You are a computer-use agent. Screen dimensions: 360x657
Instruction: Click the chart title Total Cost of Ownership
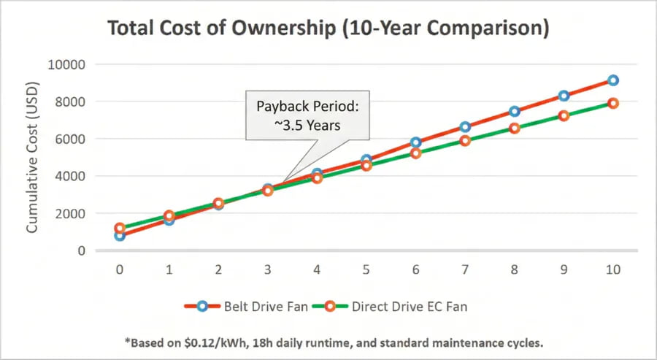(x=328, y=28)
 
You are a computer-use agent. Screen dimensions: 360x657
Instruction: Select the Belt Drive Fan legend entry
(x=251, y=307)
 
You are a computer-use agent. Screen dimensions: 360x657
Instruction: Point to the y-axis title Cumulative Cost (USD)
(x=32, y=157)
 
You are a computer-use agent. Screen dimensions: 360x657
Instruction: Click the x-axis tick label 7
(x=465, y=269)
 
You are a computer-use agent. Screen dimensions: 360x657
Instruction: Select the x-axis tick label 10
(x=613, y=269)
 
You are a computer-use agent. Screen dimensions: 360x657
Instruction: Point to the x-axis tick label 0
(x=120, y=269)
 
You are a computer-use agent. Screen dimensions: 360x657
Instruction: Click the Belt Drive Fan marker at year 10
(x=613, y=80)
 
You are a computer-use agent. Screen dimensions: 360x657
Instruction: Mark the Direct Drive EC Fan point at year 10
(x=613, y=104)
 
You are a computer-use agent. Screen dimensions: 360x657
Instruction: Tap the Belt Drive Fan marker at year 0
(x=120, y=236)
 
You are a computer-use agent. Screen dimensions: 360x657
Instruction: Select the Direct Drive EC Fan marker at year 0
(x=120, y=228)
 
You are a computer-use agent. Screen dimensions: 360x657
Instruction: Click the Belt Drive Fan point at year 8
(x=515, y=112)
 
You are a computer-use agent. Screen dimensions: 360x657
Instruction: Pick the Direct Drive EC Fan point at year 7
(x=465, y=141)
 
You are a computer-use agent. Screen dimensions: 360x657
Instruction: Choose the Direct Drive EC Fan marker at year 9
(x=564, y=115)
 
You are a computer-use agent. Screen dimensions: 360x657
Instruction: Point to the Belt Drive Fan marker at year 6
(x=416, y=142)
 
